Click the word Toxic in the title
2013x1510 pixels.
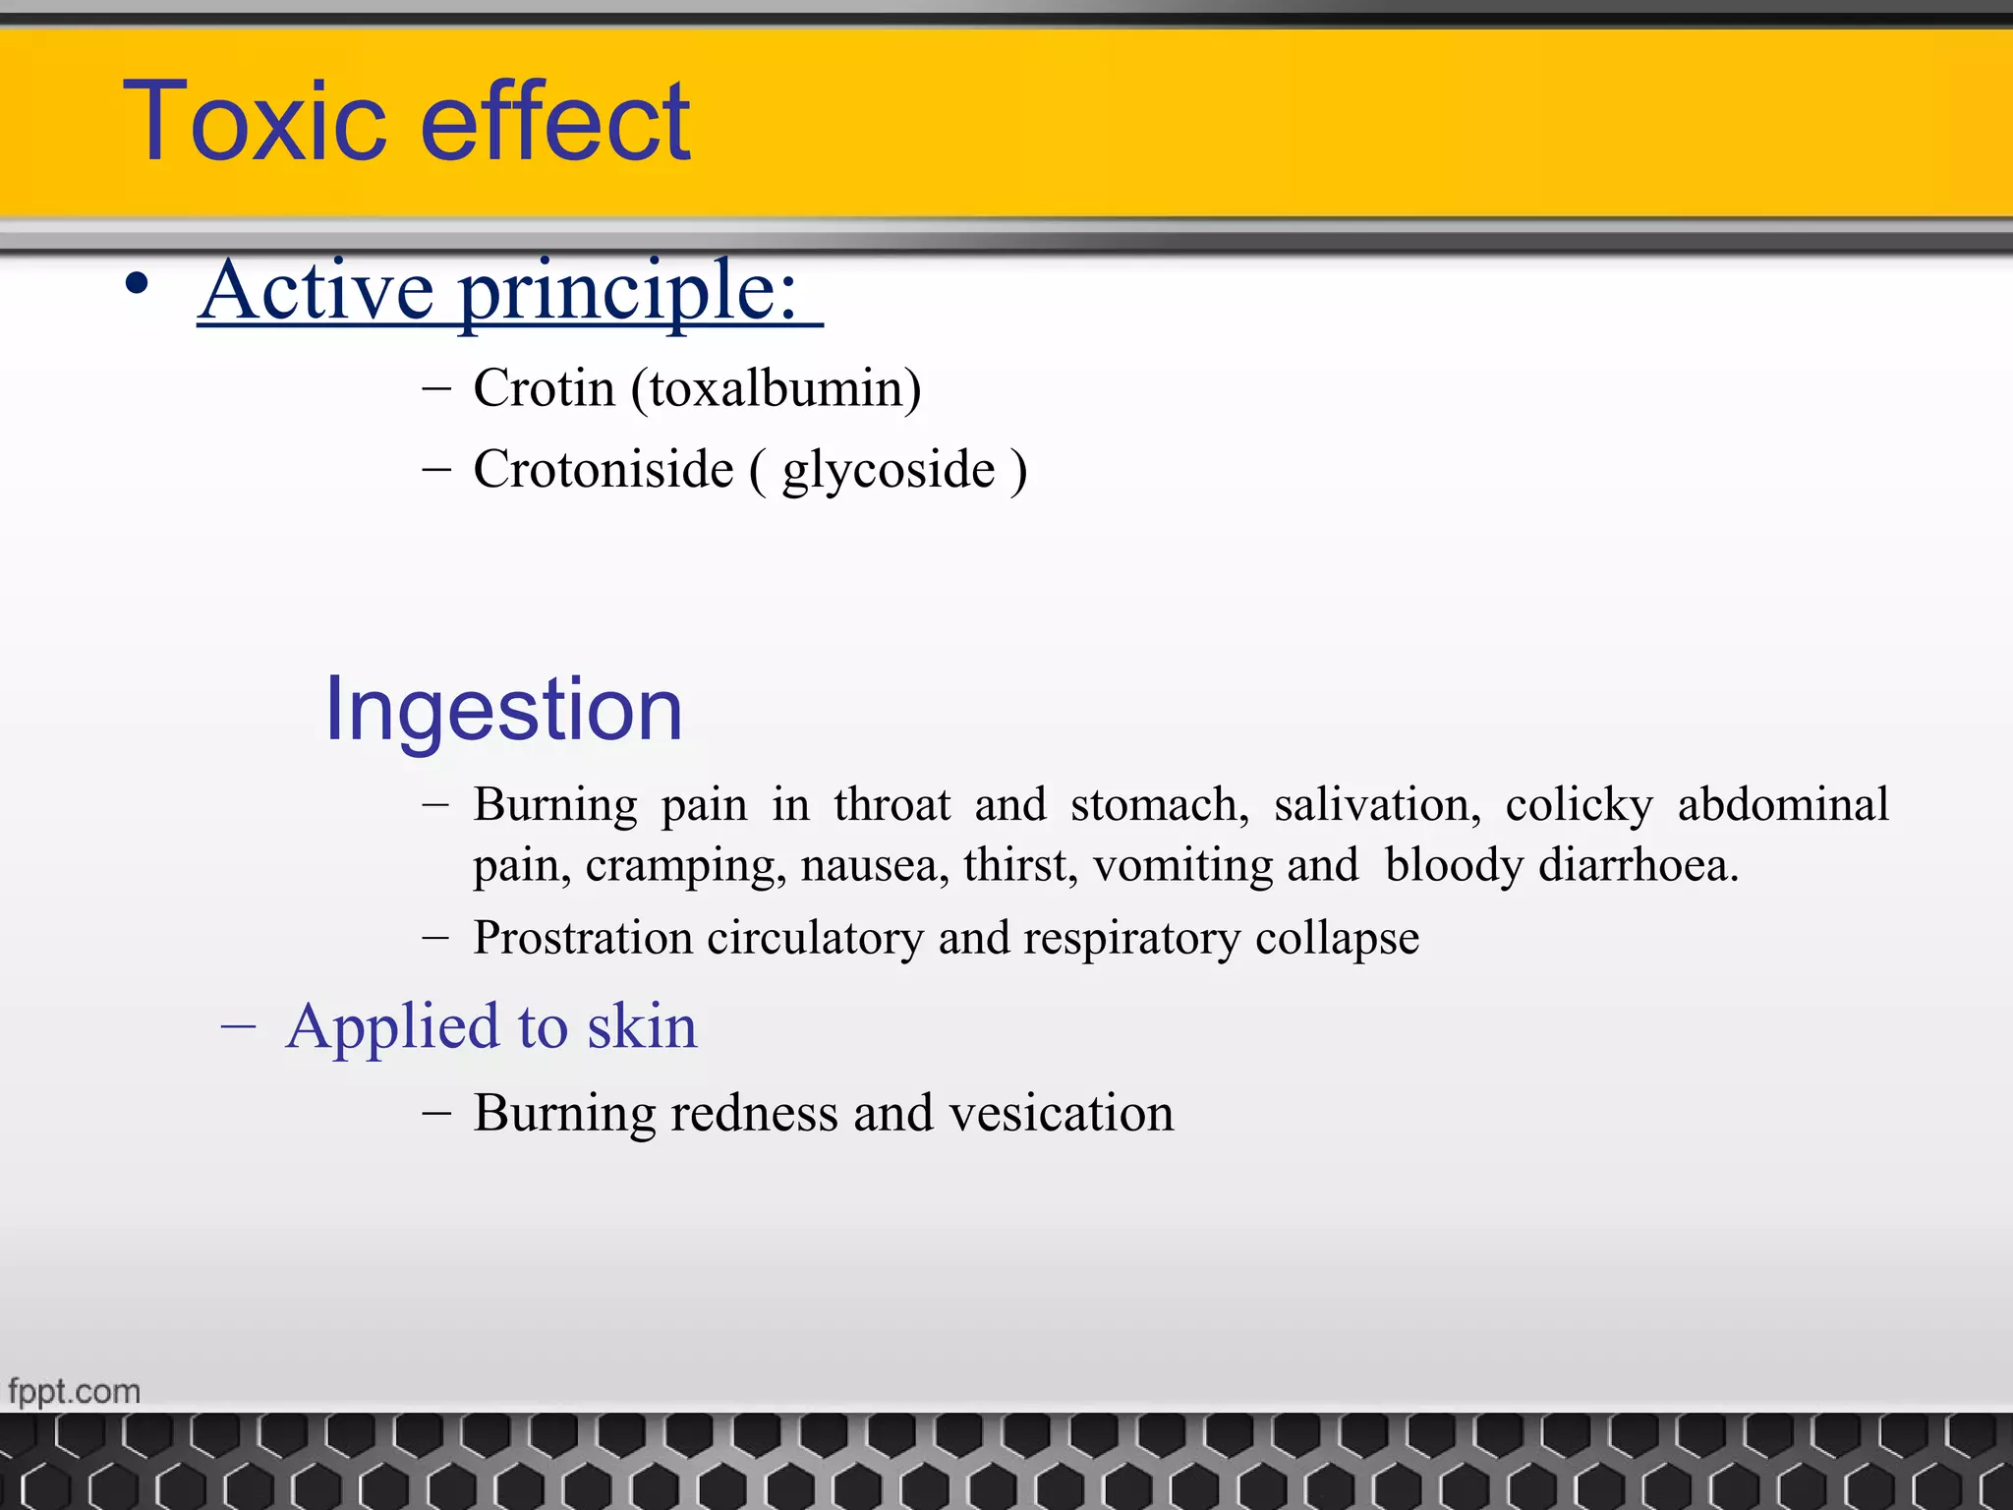pos(256,123)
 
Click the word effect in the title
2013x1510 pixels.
pos(556,123)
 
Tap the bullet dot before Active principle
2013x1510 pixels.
pos(138,285)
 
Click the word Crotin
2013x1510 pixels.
pos(544,388)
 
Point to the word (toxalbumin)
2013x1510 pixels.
pos(776,389)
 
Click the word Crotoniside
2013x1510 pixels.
pos(604,469)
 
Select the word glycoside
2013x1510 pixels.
pos(889,470)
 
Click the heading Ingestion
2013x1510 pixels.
pos(503,710)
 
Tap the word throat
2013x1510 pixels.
pos(891,805)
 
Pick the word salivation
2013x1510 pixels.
pos(1377,805)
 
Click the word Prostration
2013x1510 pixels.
pos(583,938)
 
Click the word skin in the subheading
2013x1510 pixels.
pos(642,1027)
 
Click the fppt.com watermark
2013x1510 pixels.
pos(75,1392)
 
